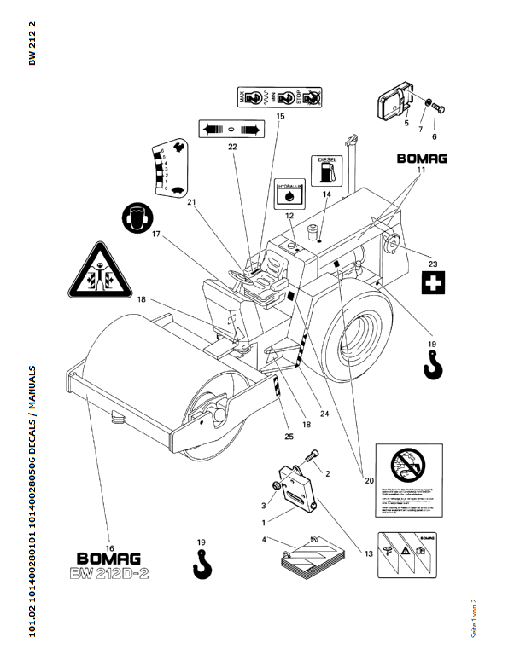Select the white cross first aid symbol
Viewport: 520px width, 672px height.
point(435,283)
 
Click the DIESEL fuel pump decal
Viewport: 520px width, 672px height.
point(326,169)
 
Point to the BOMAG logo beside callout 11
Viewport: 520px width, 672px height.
point(422,158)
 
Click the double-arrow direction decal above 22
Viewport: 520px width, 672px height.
point(228,128)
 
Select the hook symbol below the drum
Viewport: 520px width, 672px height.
point(202,563)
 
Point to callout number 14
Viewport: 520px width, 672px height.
point(326,195)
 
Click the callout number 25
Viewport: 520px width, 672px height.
point(289,437)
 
